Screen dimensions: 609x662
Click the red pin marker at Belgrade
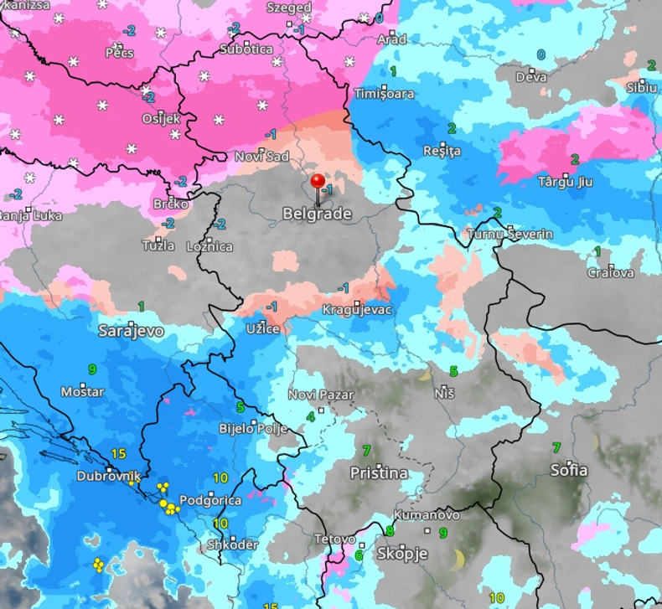318,182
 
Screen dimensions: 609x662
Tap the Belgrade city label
317,214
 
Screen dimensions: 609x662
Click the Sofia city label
569,470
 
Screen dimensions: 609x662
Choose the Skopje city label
402,554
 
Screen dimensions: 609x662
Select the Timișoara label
384,94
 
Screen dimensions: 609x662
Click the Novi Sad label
261,157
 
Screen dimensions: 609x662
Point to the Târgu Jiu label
567,182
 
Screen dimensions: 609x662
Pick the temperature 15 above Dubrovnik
118,454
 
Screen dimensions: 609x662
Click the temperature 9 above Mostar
91,369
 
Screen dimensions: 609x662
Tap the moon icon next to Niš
425,374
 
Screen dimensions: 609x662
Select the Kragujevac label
357,310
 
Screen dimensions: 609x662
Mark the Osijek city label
161,118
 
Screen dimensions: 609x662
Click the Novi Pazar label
320,395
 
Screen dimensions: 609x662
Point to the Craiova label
610,272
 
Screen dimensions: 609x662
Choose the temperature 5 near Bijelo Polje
240,407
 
